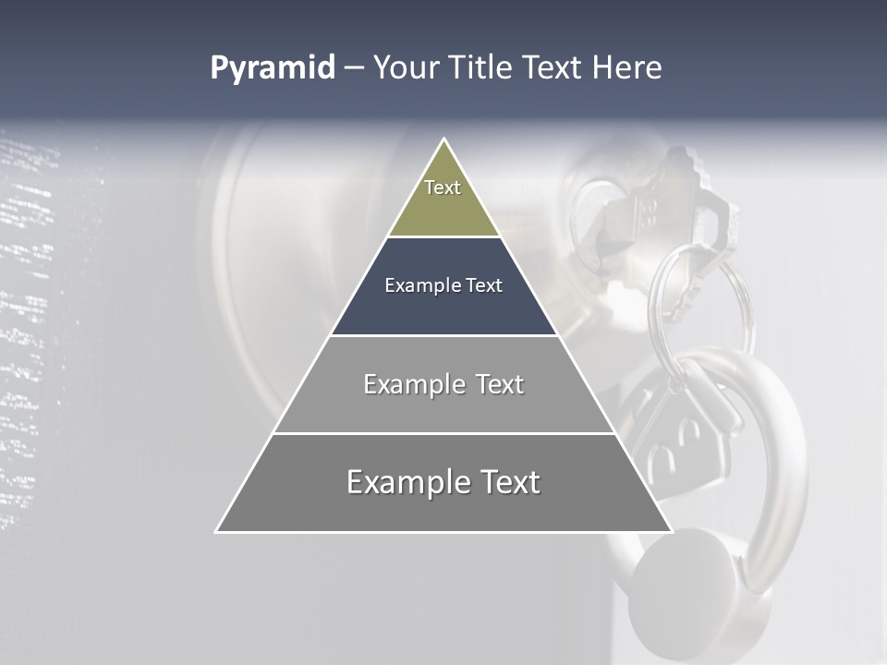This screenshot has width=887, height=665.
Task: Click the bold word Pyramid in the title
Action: point(273,68)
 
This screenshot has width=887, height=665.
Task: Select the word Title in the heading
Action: point(480,68)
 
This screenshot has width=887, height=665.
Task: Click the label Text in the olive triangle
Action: point(443,187)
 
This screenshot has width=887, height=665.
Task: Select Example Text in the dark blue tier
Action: point(443,285)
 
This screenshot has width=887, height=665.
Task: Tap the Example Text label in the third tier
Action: point(443,384)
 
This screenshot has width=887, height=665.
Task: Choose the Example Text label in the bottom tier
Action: point(443,482)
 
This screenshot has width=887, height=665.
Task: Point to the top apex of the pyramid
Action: point(444,139)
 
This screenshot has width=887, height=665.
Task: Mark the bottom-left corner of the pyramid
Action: point(217,531)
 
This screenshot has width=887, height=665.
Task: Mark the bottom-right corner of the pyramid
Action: point(671,531)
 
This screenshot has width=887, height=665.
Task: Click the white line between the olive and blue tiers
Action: point(443,236)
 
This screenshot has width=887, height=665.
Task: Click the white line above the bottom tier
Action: point(443,433)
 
